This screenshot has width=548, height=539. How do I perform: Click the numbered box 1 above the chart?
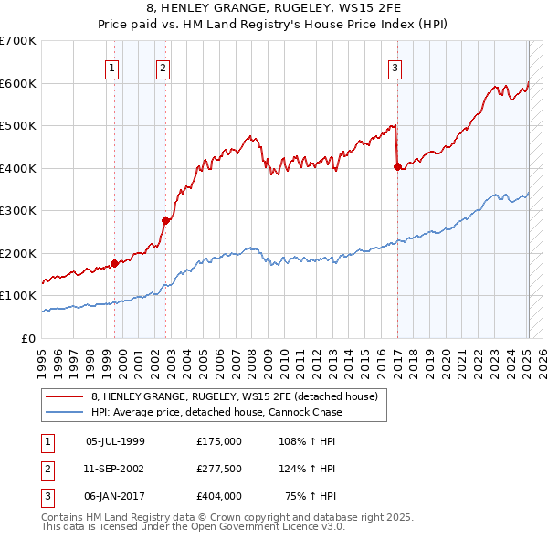(111, 67)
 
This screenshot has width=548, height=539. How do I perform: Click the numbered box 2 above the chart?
(162, 67)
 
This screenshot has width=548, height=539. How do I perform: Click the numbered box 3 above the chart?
(395, 67)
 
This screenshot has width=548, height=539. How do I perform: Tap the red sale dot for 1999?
(114, 263)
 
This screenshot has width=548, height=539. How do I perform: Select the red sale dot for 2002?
(165, 219)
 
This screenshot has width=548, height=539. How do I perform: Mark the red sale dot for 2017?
(397, 166)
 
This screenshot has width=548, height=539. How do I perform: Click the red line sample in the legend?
(65, 396)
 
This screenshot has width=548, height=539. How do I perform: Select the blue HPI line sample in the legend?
(65, 412)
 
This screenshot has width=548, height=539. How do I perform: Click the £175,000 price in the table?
(218, 441)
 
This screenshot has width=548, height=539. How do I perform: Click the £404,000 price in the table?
(218, 496)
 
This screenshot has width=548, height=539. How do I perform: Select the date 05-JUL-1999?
(115, 441)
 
